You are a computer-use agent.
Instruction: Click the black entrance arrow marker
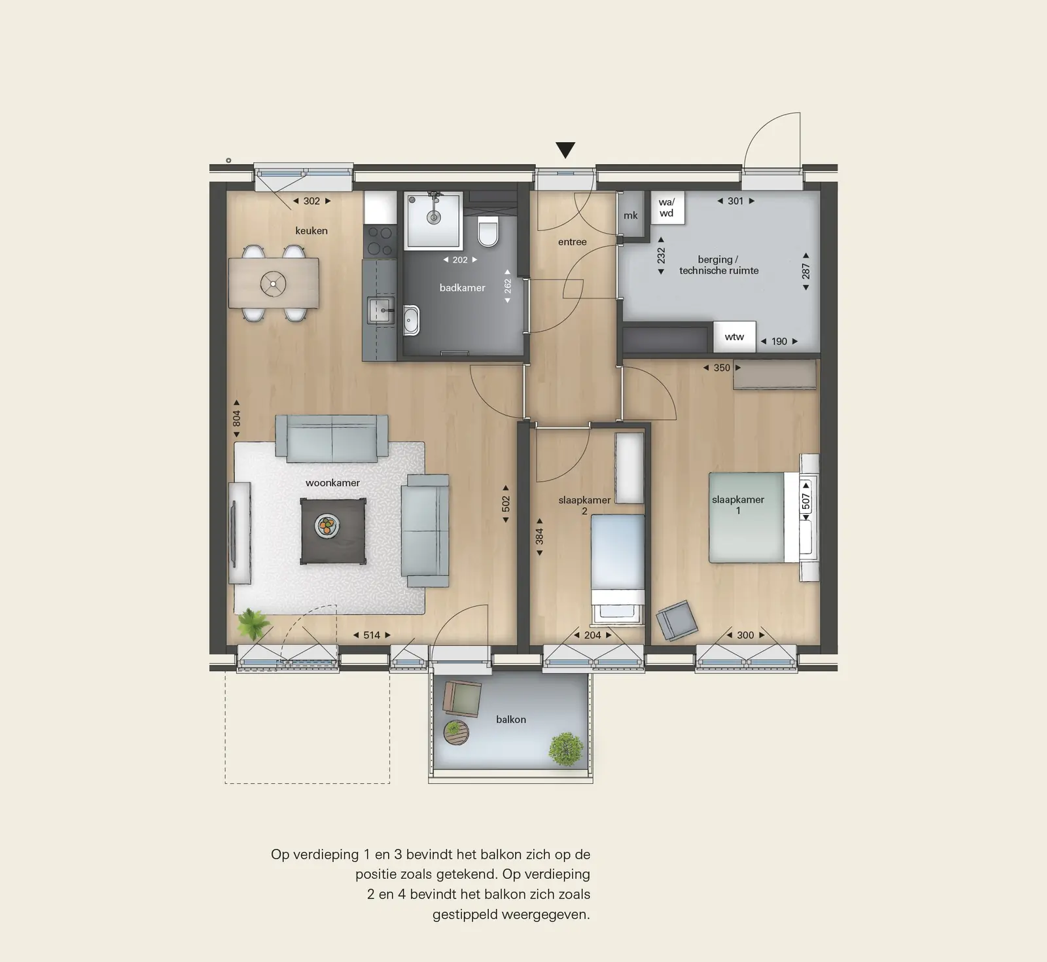(x=565, y=151)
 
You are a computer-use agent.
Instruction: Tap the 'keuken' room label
(x=311, y=231)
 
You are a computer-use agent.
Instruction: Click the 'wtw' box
(x=734, y=337)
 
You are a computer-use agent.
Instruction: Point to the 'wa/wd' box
(x=667, y=207)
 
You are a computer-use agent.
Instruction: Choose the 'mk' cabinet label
(x=630, y=215)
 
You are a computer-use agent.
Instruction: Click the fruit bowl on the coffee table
(x=327, y=526)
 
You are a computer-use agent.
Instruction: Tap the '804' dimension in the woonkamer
(x=236, y=418)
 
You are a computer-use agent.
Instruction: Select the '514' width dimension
(x=372, y=635)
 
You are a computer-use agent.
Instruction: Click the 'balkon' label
(x=511, y=719)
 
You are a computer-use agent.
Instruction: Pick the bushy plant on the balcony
(x=566, y=749)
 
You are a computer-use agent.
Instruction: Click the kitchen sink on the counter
(x=381, y=310)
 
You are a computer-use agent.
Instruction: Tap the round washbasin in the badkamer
(x=412, y=320)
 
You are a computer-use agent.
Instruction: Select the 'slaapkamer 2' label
(x=584, y=505)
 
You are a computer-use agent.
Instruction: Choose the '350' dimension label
(x=722, y=368)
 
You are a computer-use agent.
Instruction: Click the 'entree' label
(x=572, y=242)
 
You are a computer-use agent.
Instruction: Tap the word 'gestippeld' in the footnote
(x=469, y=914)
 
